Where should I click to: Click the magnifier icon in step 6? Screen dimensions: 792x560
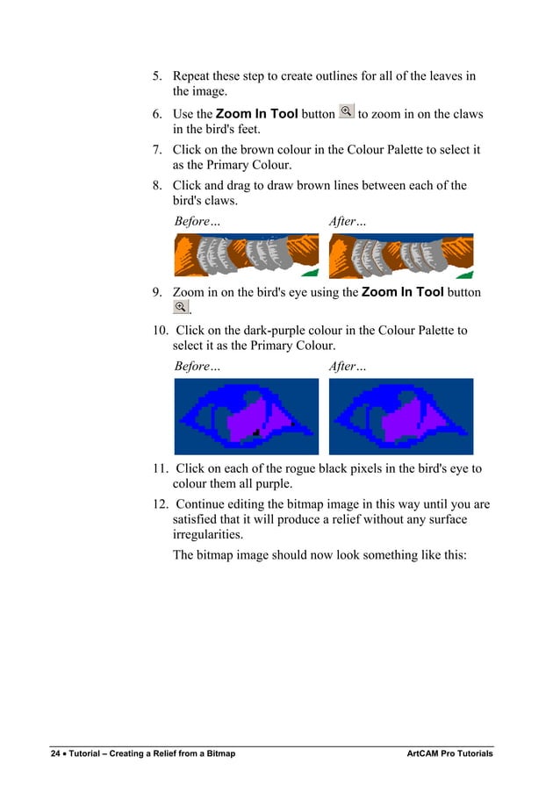tap(347, 112)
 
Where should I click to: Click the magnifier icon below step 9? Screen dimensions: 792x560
tap(180, 306)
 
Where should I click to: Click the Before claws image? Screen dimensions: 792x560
tap(246, 256)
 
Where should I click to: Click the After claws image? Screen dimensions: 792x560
tap(400, 256)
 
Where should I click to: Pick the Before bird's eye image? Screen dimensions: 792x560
tap(246, 416)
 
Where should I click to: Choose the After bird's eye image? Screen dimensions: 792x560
tap(400, 416)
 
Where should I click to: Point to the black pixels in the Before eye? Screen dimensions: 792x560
tap(255, 432)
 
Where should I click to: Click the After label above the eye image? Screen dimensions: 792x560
tap(348, 366)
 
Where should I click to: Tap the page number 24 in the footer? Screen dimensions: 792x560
tap(54, 754)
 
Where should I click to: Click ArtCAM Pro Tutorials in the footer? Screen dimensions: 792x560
tap(449, 754)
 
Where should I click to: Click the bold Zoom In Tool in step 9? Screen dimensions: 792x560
tap(402, 292)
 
